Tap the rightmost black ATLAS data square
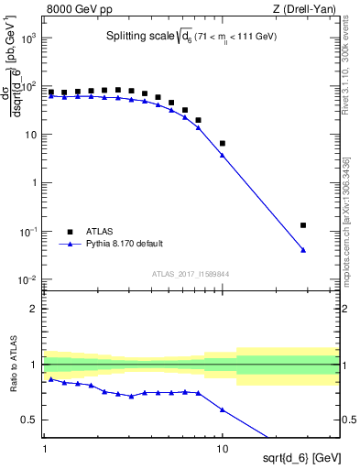coord(302,224)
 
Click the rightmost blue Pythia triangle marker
coord(302,250)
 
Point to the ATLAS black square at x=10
coord(223,143)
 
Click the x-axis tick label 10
coord(222,453)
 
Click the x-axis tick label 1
coord(44,453)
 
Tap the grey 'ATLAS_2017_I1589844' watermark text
coord(191,274)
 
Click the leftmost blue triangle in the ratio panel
coord(51,378)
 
